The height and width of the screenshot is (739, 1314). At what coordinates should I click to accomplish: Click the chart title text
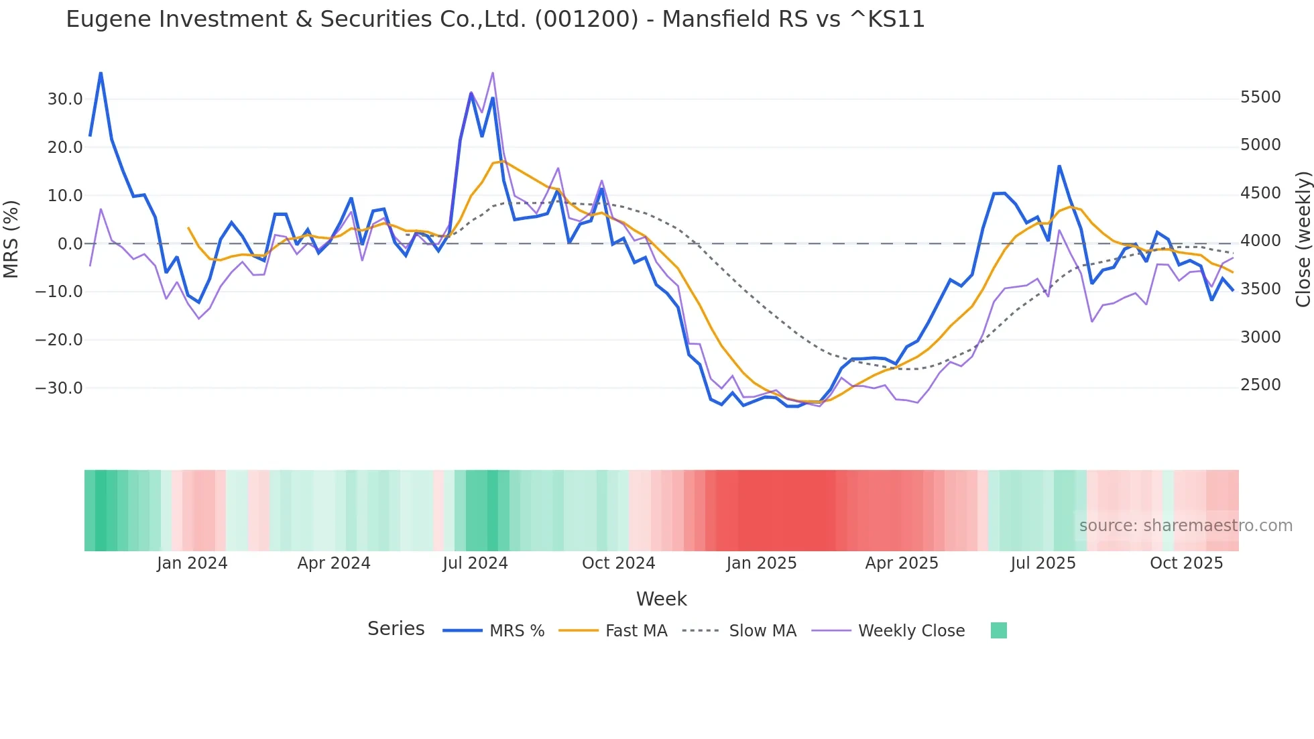(x=495, y=19)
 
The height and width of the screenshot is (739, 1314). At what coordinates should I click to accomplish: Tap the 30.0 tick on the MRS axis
(x=65, y=99)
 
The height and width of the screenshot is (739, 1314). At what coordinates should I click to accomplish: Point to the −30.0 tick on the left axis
(x=60, y=388)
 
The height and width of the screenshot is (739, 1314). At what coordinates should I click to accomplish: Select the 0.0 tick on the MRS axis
(x=70, y=244)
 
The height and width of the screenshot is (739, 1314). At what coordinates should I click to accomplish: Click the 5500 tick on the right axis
(x=1260, y=97)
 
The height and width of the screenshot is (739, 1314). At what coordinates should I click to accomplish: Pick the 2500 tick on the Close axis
(x=1260, y=385)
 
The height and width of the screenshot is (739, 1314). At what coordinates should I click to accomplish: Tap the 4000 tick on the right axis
(x=1260, y=241)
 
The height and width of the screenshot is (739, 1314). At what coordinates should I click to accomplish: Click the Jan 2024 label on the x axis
(x=192, y=563)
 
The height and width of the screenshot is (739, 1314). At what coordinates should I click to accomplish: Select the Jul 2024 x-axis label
(x=475, y=563)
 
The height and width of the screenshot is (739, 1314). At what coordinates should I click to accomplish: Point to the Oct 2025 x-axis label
(x=1187, y=563)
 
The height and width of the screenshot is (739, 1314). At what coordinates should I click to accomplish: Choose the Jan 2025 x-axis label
(x=762, y=563)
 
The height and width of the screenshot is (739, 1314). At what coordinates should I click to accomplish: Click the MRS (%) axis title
(x=11, y=239)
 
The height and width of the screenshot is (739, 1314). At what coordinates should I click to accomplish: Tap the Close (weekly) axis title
(x=1303, y=239)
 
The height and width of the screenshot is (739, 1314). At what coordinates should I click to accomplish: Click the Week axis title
(x=661, y=599)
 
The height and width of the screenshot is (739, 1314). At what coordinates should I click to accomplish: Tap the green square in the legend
(x=999, y=630)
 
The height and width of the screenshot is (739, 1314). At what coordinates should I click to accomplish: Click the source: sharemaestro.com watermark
(x=1185, y=526)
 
